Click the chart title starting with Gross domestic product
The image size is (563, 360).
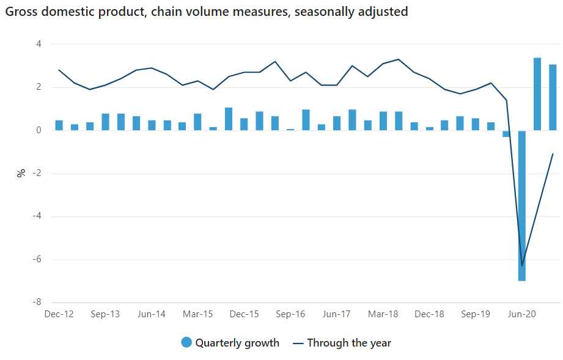pos(206,12)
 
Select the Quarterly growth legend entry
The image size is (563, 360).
pos(230,343)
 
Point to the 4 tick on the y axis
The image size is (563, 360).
pos(38,44)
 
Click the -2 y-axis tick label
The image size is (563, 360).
pos(36,174)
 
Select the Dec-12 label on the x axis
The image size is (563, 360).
pos(59,314)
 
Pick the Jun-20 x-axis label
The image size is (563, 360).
pos(522,314)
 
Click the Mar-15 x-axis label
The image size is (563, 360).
pos(198,314)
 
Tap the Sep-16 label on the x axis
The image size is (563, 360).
pos(290,314)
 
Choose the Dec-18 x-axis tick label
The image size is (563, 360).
pos(429,314)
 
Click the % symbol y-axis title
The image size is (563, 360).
pos(21,173)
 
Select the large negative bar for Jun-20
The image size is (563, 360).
pos(522,205)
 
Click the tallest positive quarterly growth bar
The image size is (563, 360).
pos(537,94)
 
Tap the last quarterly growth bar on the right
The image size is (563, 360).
pos(553,97)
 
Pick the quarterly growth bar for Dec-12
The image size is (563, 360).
pos(59,125)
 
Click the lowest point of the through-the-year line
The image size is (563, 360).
pos(522,266)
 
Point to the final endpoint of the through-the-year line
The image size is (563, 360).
pos(553,154)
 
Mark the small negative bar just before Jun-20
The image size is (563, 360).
pos(506,134)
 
